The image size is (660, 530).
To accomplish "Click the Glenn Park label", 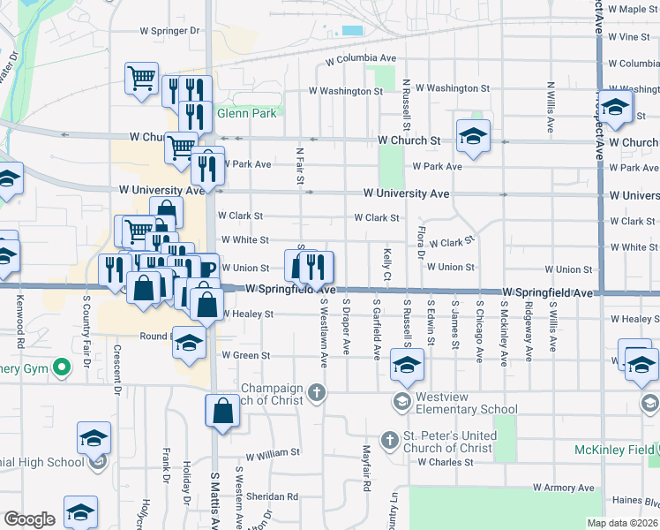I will [x=247, y=113].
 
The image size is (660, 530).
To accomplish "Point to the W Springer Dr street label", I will [x=169, y=30].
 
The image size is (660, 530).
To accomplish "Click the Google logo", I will [x=29, y=519].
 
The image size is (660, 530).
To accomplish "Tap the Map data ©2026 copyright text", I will [x=622, y=523].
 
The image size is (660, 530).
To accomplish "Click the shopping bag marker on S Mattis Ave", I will [x=222, y=411].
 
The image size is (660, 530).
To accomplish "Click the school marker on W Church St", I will [x=474, y=136].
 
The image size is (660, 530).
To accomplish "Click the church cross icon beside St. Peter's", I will [x=389, y=440].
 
